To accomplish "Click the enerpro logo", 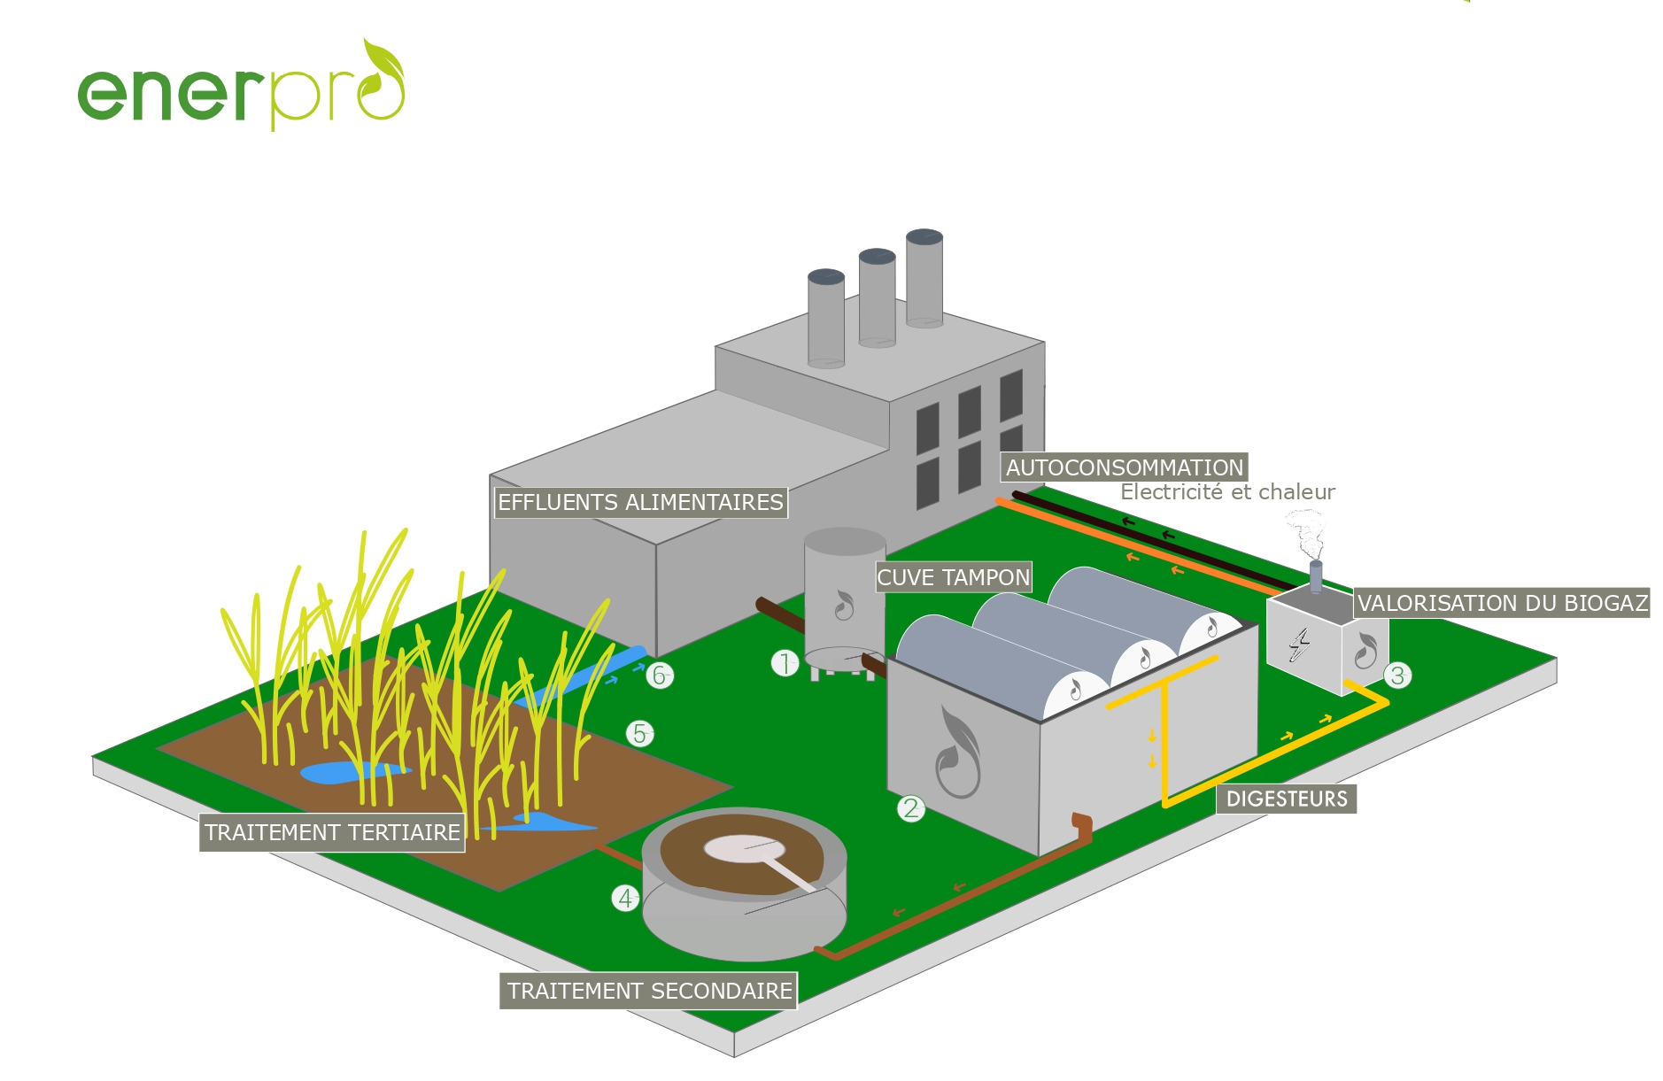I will [241, 86].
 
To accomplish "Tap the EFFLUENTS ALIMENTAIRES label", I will [640, 503].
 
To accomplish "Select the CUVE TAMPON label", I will [953, 578].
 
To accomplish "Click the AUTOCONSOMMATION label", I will [1125, 467].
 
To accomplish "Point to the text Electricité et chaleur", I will [1227, 492].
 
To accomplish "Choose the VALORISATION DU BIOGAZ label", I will [1502, 604].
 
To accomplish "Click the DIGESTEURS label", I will [1287, 799].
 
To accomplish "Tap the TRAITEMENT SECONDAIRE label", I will [649, 991].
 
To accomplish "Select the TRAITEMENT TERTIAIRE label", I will [332, 832].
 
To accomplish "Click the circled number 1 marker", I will [785, 662].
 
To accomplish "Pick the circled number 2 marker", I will [911, 808].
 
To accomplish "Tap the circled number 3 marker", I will [1397, 676].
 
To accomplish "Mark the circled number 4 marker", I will [625, 898].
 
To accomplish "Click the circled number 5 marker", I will [639, 734].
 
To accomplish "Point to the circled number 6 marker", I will [660, 676].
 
